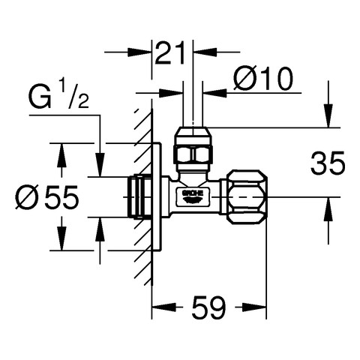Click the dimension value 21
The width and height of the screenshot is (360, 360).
tap(170, 53)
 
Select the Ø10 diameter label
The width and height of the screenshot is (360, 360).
tap(262, 79)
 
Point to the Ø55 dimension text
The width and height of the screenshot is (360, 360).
tap(47, 197)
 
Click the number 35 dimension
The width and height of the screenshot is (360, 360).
tap(328, 163)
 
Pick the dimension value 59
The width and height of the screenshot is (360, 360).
tap(208, 307)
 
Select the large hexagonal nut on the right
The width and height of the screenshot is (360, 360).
tap(247, 197)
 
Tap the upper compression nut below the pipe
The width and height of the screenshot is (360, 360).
tap(193, 148)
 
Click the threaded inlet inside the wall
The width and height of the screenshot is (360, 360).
tap(139, 196)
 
